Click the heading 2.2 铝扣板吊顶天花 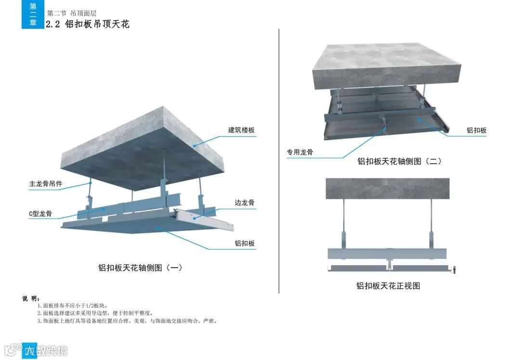pos(88,24)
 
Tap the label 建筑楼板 pos(241,130)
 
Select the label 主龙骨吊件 pos(46,184)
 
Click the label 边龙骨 pos(245,203)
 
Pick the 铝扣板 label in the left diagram pos(245,244)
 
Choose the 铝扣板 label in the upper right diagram pos(476,130)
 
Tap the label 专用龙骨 pos(300,153)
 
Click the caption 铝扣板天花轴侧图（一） pos(140,268)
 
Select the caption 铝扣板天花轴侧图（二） pos(399,161)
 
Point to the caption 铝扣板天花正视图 pos(388,286)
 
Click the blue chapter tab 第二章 pos(33,14)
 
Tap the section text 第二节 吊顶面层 pos(72,13)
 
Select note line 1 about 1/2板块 pos(72,306)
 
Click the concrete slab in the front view pos(388,189)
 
